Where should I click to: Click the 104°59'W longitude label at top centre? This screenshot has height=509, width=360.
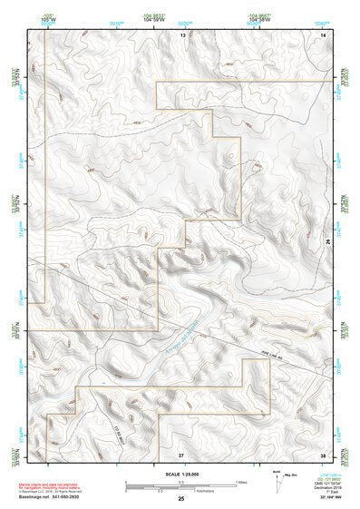(151, 19)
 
